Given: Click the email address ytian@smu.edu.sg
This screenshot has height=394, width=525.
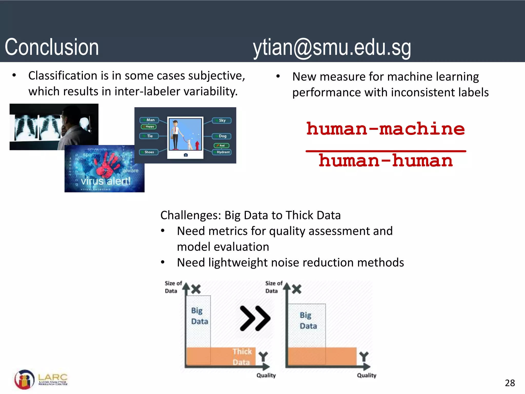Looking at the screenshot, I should pos(332,48).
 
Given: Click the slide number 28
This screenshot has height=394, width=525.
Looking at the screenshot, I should pos(510,383).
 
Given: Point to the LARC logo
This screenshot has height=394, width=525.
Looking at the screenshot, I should pos(41,379).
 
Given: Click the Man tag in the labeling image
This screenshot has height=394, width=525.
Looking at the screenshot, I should pos(150,120).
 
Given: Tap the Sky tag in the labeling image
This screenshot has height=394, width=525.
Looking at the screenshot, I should pos(222,121).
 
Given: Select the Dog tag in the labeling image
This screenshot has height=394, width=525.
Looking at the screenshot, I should pos(222,136).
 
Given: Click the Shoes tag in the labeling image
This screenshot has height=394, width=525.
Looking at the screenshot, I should pos(149,152).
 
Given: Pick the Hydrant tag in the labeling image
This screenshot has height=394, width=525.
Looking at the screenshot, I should pos(223,152).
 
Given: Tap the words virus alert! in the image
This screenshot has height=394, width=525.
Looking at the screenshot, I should pos(106,181).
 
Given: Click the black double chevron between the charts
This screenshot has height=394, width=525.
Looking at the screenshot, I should pos(255,318).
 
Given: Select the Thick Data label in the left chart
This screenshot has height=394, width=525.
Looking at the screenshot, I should pos(242,357).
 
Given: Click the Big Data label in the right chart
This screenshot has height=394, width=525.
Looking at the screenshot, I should pos(308,321).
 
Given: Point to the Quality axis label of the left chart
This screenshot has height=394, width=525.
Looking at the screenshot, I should pos(266,375).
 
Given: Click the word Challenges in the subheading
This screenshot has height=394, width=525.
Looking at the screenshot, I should pos(190,215).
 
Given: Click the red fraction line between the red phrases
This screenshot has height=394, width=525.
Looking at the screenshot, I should pos(386,151).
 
